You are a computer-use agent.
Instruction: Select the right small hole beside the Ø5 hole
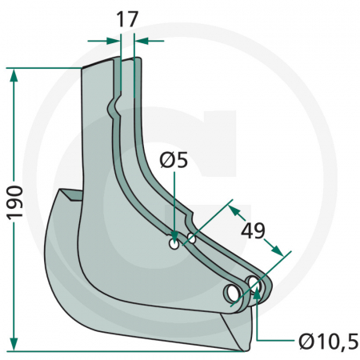tap(192, 238)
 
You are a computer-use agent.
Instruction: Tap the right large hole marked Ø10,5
tap(254, 283)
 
